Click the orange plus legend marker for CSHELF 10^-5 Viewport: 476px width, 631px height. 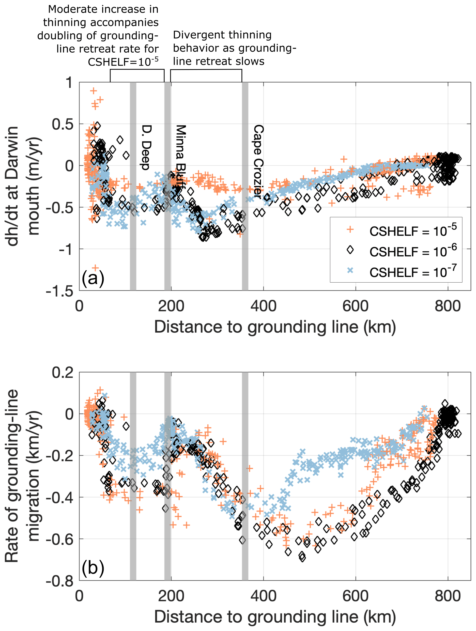coord(350,230)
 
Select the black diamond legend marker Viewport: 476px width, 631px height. coord(350,250)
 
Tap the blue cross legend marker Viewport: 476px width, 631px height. coord(350,270)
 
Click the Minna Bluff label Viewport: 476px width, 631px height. coord(180,158)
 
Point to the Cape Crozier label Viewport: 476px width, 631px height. coord(258,162)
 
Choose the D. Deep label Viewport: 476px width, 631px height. coord(146,147)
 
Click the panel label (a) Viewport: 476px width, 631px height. coord(93,278)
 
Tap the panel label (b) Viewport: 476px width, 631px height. coord(93,568)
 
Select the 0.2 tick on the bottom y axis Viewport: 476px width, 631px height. coord(63,373)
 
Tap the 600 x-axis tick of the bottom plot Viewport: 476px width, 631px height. coord(355,596)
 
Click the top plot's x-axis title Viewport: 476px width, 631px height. coord(275,327)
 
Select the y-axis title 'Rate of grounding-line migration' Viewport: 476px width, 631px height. coord(21,476)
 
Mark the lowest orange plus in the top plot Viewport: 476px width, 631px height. coord(95,268)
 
